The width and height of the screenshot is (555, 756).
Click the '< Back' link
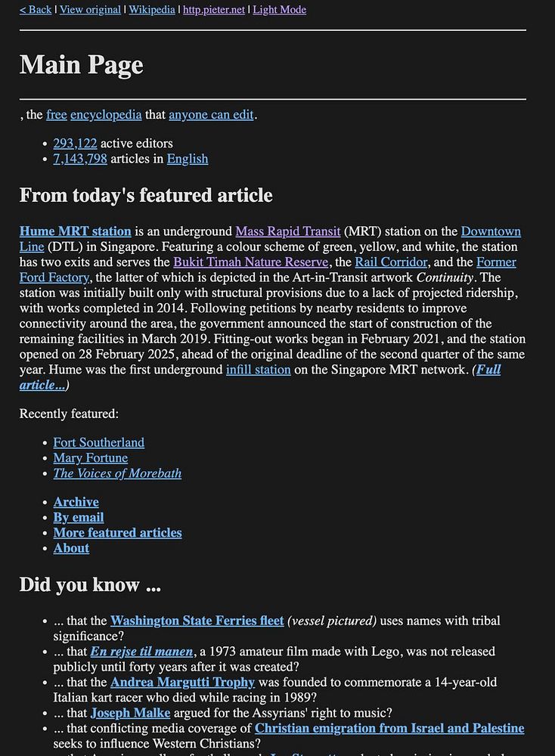click(36, 10)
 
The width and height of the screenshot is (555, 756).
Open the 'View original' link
click(90, 10)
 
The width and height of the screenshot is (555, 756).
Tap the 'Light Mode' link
click(279, 10)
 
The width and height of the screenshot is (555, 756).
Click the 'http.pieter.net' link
click(214, 10)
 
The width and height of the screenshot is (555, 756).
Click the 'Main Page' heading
click(82, 65)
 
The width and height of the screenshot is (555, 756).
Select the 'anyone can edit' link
click(211, 115)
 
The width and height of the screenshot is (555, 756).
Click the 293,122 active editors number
click(75, 144)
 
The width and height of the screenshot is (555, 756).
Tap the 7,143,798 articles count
click(80, 159)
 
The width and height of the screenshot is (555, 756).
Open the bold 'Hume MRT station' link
click(76, 231)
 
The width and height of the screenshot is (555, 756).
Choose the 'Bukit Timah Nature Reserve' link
click(251, 262)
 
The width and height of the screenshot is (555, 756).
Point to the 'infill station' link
click(258, 370)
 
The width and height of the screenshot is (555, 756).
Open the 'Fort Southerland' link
click(98, 443)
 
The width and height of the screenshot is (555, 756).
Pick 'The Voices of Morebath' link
click(117, 474)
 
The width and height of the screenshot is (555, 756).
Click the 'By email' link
click(79, 518)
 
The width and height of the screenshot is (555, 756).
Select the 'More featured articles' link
click(117, 533)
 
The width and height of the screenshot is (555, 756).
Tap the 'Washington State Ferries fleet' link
click(197, 621)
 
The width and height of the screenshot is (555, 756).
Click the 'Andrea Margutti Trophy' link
click(182, 683)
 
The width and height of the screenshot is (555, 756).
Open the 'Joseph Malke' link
click(130, 713)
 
